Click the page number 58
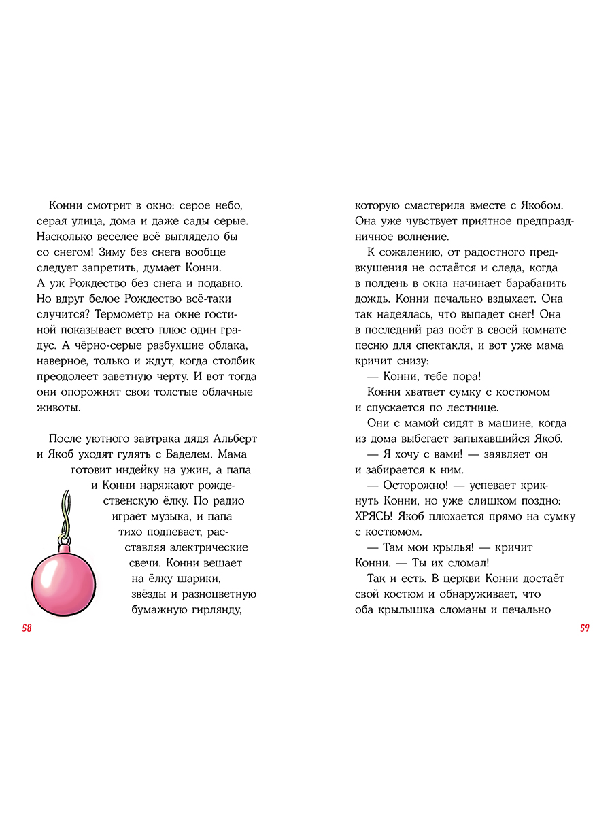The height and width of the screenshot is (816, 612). (x=27, y=628)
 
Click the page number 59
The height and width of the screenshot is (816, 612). (x=584, y=628)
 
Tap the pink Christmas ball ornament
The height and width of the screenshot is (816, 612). (x=63, y=584)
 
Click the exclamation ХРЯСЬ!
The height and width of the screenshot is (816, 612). (x=375, y=517)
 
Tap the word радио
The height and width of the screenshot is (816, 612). (x=224, y=501)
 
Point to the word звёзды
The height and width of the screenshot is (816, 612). (x=149, y=594)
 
